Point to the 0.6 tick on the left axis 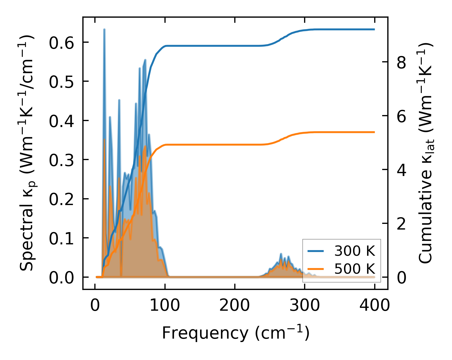pyautogui.click(x=61, y=43)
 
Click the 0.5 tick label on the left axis pyautogui.click(x=61, y=82)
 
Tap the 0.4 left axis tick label pyautogui.click(x=61, y=121)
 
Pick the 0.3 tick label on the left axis pyautogui.click(x=61, y=160)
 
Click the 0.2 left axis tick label pyautogui.click(x=61, y=199)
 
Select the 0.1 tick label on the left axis pyautogui.click(x=61, y=239)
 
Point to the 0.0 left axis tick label pyautogui.click(x=61, y=278)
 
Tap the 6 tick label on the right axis pyautogui.click(x=401, y=116)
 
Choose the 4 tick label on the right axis pyautogui.click(x=401, y=170)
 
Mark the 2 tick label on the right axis pyautogui.click(x=401, y=224)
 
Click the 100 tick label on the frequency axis pyautogui.click(x=165, y=306)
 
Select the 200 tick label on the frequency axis pyautogui.click(x=235, y=306)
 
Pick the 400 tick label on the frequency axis pyautogui.click(x=374, y=306)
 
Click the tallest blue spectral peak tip pyautogui.click(x=104, y=29)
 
